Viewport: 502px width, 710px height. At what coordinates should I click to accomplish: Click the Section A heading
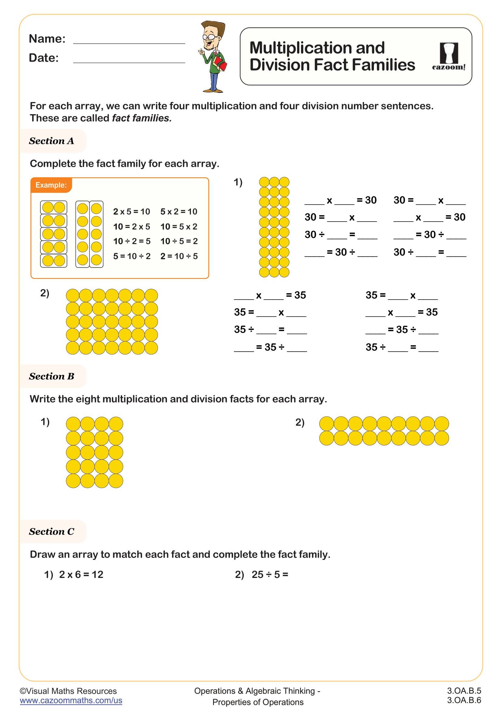[x=52, y=141]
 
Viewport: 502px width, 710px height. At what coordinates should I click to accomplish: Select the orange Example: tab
[x=51, y=185]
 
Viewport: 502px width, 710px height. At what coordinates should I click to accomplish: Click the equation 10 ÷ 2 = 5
[x=132, y=241]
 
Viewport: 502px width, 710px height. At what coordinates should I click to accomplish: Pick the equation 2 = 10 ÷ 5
[x=179, y=256]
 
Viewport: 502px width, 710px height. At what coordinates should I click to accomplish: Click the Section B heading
[x=52, y=376]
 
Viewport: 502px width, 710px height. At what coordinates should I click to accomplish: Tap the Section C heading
[x=52, y=532]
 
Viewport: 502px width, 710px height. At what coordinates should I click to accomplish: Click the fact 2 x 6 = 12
[x=81, y=575]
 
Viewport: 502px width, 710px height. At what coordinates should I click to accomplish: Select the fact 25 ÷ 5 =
[x=270, y=575]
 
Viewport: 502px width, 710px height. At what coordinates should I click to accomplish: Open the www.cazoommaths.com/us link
[x=71, y=700]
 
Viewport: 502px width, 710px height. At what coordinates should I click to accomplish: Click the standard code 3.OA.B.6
[x=464, y=700]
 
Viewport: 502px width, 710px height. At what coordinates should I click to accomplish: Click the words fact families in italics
[x=141, y=118]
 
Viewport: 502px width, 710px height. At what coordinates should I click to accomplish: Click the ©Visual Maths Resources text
[x=68, y=691]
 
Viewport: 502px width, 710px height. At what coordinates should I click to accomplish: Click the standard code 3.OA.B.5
[x=464, y=691]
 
